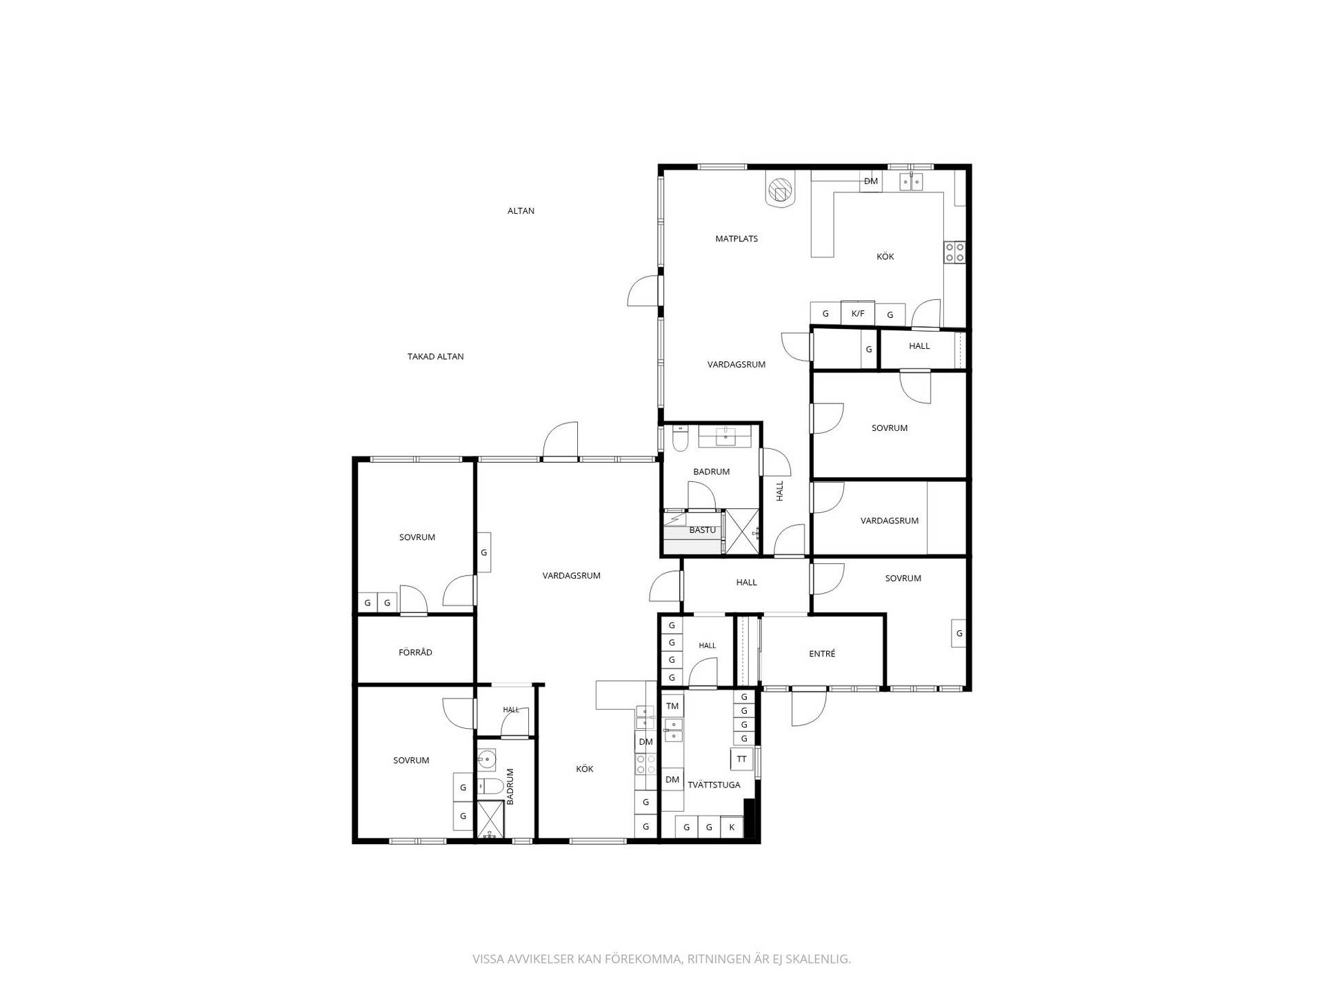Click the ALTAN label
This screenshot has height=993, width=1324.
(x=521, y=211)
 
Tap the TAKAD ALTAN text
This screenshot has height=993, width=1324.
(x=435, y=357)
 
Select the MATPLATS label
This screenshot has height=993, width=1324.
(x=736, y=239)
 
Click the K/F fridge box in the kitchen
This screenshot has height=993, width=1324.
(x=858, y=313)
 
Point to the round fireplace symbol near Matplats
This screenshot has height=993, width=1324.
(x=780, y=189)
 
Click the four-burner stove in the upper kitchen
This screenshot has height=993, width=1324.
(x=954, y=252)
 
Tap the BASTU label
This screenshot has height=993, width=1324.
(x=703, y=530)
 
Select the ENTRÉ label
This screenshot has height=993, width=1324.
(x=822, y=654)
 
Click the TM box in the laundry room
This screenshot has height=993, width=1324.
(x=672, y=706)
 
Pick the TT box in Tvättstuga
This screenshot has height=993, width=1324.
(x=741, y=759)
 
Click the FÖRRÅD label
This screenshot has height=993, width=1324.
(x=415, y=652)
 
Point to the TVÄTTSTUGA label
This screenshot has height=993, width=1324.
(x=714, y=785)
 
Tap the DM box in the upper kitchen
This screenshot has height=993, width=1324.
(x=871, y=181)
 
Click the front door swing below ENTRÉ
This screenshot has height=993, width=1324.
(x=809, y=708)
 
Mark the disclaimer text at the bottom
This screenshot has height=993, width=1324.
(x=661, y=959)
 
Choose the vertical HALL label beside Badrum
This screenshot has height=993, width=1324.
(x=780, y=490)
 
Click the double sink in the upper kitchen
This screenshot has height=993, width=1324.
(x=911, y=181)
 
